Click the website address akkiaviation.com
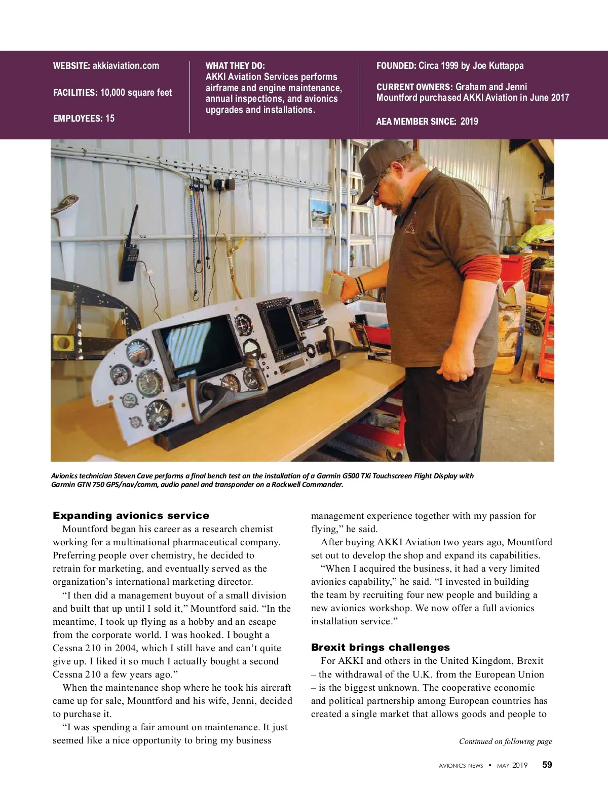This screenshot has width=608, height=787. (126, 66)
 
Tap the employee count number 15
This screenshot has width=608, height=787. (109, 119)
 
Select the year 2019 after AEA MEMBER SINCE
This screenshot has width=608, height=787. (469, 122)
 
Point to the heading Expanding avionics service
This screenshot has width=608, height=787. (131, 516)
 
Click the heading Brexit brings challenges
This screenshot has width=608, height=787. (380, 648)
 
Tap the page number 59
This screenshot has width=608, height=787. (547, 765)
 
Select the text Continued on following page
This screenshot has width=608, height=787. (505, 741)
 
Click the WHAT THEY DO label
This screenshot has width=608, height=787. (235, 66)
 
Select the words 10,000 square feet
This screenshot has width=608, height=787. (136, 93)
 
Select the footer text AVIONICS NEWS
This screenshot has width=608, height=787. (461, 766)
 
